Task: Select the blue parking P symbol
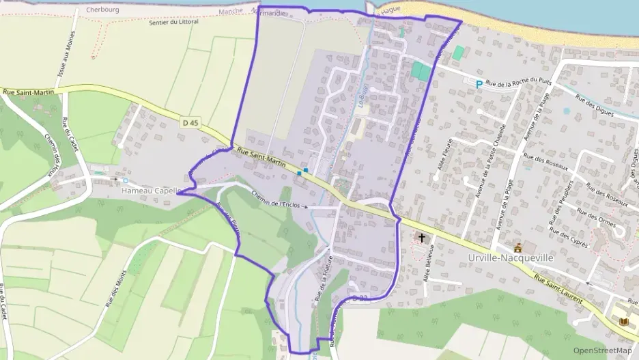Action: click(479, 83)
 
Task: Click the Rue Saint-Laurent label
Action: click(558, 286)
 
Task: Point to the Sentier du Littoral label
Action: click(173, 22)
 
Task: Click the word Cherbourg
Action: click(103, 10)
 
